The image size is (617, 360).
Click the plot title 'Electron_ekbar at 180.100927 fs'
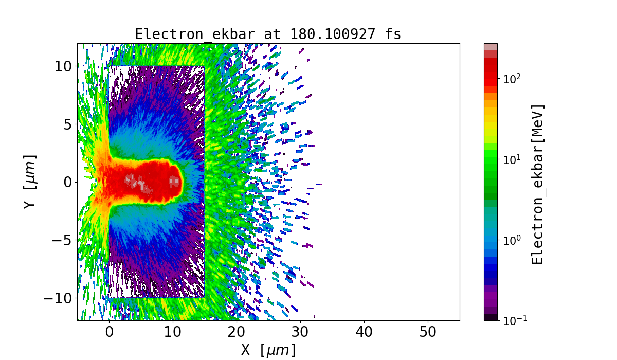[x=268, y=34]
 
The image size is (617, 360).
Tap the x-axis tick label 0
[x=109, y=333]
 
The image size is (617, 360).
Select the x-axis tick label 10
[x=173, y=333]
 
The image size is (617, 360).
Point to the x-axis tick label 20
[x=237, y=333]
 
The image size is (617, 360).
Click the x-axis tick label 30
[x=300, y=333]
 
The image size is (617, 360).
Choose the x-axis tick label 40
[x=364, y=333]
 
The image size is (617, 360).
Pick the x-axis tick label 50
[x=428, y=333]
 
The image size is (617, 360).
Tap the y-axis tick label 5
[x=67, y=124]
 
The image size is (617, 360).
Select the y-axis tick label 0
[x=67, y=182]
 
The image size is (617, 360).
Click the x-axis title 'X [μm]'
[x=268, y=350]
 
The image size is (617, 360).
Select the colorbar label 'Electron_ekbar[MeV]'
[x=537, y=184]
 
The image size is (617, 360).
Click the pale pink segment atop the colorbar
[x=491, y=47]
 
